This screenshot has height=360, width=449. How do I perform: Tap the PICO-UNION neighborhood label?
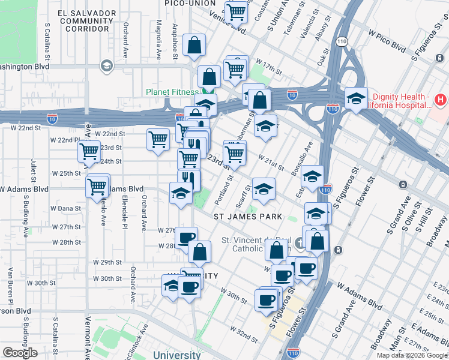click(x=190, y=4)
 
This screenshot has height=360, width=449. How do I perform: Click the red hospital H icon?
click(x=440, y=98)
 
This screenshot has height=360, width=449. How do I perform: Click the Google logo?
click(x=20, y=353)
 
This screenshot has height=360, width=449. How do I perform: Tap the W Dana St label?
click(x=65, y=208)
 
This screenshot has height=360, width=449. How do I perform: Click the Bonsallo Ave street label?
click(x=301, y=155)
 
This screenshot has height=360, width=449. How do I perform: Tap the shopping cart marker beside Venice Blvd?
click(x=237, y=11)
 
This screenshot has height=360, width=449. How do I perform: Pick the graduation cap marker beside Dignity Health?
click(x=356, y=98)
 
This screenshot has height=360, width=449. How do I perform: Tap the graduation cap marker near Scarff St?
click(x=264, y=188)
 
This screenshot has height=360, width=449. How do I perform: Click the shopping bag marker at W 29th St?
click(x=200, y=251)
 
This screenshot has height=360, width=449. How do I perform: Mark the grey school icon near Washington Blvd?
click(x=107, y=66)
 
